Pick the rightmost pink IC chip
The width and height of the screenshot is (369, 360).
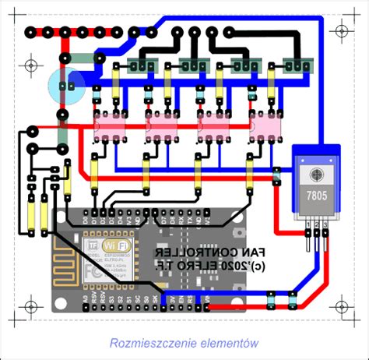click(x=264, y=128)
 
